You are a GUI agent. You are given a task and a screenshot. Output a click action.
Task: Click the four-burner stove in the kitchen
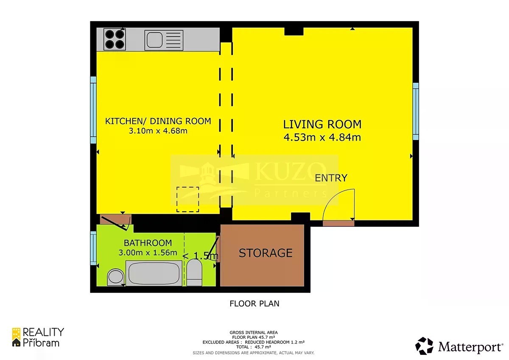coord(115,39)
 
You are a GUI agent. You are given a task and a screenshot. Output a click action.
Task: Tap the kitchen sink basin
coord(154,40)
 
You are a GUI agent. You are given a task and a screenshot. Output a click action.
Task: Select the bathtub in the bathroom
coord(154,273)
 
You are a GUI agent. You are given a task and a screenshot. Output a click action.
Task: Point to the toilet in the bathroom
coord(194,273)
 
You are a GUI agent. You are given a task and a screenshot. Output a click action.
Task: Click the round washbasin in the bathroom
coord(115,277)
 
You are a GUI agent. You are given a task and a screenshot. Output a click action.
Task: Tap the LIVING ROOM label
coord(322,124)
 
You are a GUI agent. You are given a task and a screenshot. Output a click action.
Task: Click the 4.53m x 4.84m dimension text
coord(322,138)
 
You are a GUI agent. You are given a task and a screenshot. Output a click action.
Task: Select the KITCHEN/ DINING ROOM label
coord(158,121)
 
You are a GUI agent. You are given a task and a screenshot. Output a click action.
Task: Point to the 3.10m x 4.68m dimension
coord(158,131)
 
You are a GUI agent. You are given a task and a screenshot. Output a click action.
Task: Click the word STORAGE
coord(266,253)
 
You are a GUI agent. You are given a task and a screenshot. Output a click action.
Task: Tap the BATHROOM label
coord(148,243)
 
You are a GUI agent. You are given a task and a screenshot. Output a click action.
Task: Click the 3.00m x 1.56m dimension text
coord(148,253)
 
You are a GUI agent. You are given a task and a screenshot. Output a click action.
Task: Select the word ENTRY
coord(331,178)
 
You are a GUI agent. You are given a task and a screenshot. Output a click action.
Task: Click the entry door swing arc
coord(332,198)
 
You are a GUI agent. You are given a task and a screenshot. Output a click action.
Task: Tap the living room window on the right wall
coord(416,111)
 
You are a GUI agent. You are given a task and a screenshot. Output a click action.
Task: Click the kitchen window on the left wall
coord(93,110)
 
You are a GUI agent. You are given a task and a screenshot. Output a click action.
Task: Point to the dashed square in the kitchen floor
coord(187,200)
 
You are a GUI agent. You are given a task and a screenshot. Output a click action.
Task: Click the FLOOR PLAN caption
coord(255,304)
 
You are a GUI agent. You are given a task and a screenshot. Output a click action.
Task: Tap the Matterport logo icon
coord(424,346)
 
